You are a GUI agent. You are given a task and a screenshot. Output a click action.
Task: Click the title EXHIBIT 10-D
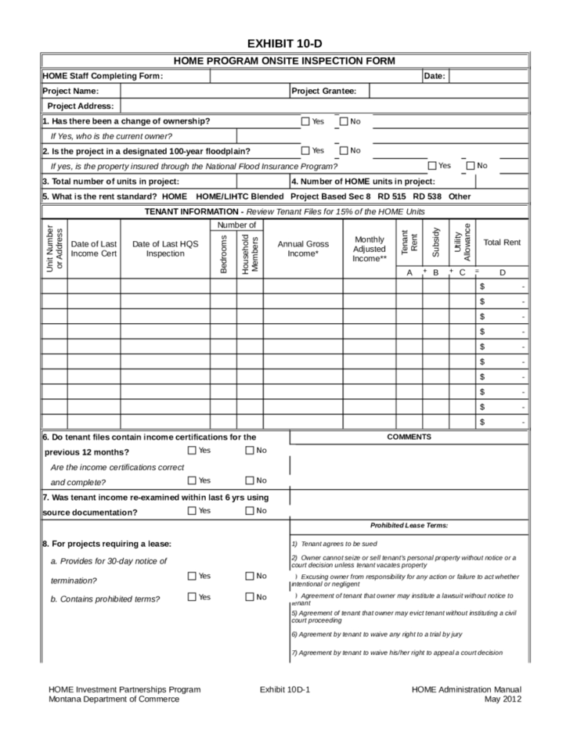285,43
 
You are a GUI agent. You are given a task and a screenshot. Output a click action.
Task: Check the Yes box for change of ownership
306,121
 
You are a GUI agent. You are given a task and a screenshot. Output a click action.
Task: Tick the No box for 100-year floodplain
344,151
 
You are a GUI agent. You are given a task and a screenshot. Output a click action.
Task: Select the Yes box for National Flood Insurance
432,166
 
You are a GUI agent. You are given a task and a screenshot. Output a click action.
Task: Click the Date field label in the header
434,76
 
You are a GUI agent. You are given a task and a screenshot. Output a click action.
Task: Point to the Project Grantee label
323,92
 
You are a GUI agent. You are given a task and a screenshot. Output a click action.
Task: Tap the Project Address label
81,106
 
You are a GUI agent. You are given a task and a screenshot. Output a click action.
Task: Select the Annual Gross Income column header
302,249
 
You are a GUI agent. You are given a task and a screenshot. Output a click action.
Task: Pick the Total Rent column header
502,243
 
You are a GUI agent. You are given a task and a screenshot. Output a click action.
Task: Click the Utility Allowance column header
462,243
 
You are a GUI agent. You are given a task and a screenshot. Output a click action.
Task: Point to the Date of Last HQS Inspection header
165,249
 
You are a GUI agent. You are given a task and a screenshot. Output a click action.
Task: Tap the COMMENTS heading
409,437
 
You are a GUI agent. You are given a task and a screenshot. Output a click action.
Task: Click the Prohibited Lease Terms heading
409,526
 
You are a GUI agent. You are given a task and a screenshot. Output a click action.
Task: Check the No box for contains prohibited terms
250,598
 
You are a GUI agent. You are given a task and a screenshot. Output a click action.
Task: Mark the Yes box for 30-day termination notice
192,577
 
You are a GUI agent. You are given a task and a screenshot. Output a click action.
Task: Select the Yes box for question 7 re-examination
192,511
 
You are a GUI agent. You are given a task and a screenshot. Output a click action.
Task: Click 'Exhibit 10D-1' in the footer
285,689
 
